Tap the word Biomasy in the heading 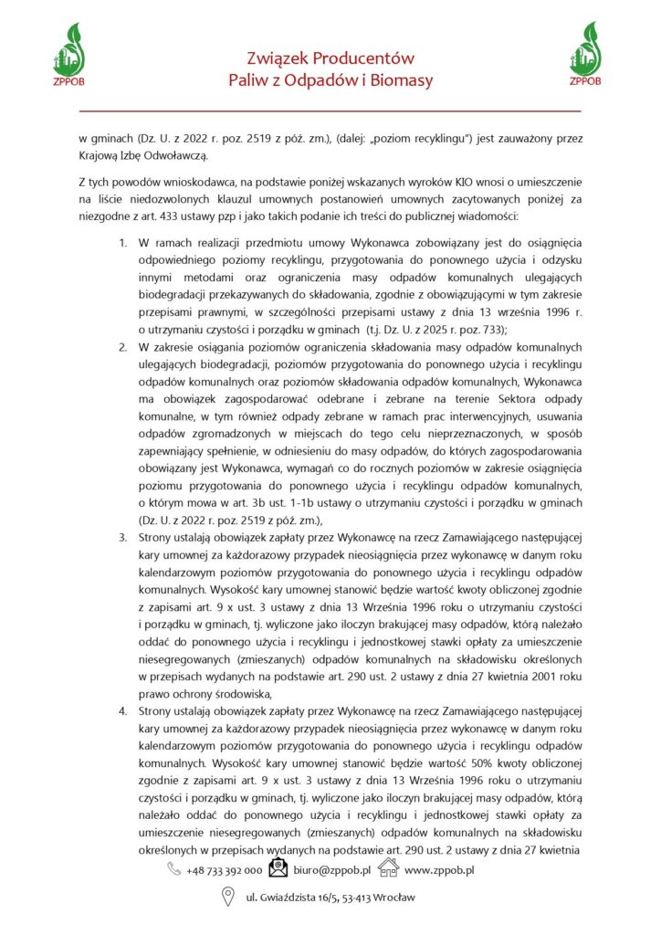(x=404, y=81)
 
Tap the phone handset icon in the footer (x=173, y=870)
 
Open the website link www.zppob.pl (x=439, y=870)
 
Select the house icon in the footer (x=388, y=868)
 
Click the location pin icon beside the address (x=230, y=898)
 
